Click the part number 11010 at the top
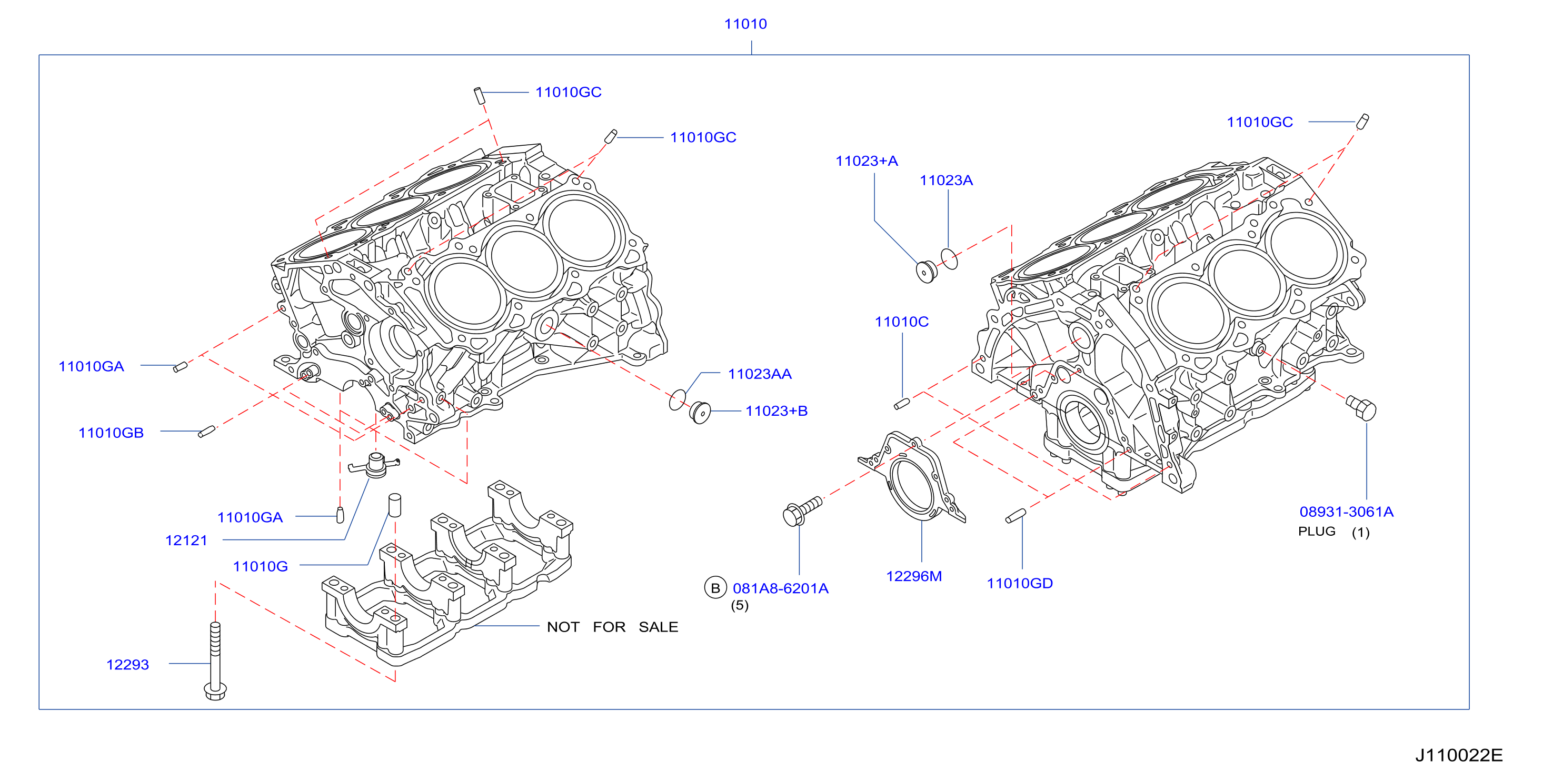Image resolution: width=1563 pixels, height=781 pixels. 745,24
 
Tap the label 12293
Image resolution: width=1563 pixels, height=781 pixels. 127,665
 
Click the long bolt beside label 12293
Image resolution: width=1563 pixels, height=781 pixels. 215,660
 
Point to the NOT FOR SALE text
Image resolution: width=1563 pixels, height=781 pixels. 612,627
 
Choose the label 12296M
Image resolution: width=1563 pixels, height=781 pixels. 914,576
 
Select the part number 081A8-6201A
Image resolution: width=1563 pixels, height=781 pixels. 780,588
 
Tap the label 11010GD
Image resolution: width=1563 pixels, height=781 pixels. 1019,583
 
